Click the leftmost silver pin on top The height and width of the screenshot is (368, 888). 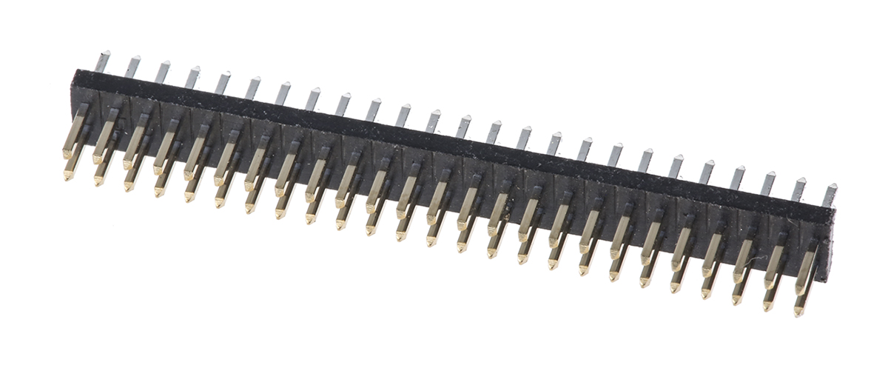pyautogui.click(x=103, y=61)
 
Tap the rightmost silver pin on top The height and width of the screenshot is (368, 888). pyautogui.click(x=831, y=194)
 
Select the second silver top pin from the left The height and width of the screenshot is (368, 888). pyautogui.click(x=133, y=67)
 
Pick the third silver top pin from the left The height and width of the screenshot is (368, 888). pyautogui.click(x=164, y=72)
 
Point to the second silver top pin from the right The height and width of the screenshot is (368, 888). pyautogui.click(x=801, y=189)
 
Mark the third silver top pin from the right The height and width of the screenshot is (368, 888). pyautogui.click(x=770, y=183)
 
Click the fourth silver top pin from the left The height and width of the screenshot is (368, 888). pyautogui.click(x=193, y=77)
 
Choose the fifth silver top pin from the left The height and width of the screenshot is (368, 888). pyautogui.click(x=223, y=83)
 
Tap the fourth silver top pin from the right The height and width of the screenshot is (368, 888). pyautogui.click(x=739, y=177)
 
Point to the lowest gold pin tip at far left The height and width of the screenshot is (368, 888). pyautogui.click(x=69, y=175)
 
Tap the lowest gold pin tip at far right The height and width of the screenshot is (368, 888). pyautogui.click(x=798, y=312)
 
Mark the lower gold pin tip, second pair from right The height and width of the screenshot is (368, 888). pyautogui.click(x=768, y=306)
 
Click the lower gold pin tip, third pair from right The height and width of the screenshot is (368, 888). pyautogui.click(x=737, y=300)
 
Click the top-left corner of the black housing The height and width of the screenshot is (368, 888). pyautogui.click(x=75, y=71)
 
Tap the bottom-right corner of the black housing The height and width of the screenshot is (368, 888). pyautogui.click(x=827, y=281)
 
